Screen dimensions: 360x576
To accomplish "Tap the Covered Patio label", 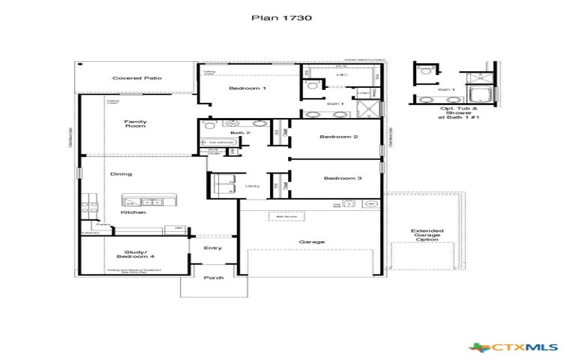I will pyautogui.click(x=137, y=78).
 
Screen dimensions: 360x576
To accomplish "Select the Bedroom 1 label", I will pyautogui.click(x=248, y=88).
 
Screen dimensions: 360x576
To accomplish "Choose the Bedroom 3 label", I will pyautogui.click(x=342, y=178).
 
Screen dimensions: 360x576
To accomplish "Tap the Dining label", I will pyautogui.click(x=121, y=174).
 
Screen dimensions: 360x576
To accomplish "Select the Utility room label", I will pyautogui.click(x=252, y=186).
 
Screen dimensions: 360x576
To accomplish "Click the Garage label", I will pyautogui.click(x=312, y=242).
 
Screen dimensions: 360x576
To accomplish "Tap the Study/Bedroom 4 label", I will pyautogui.click(x=135, y=255).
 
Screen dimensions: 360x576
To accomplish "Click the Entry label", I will pyautogui.click(x=213, y=248).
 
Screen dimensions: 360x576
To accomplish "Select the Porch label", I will pyautogui.click(x=214, y=277).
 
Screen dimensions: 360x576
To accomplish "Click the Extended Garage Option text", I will pyautogui.click(x=427, y=236).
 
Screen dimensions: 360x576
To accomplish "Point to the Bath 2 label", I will pyautogui.click(x=240, y=132).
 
